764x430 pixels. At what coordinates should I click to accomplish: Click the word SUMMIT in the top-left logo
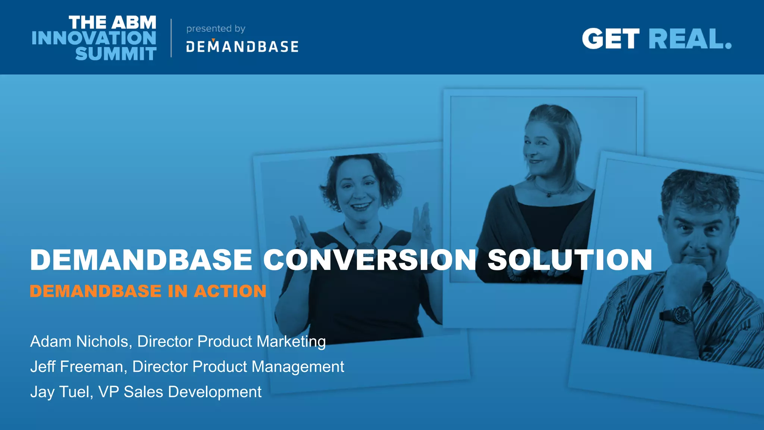(x=116, y=54)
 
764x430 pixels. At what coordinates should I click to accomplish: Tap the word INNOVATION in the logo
(x=94, y=38)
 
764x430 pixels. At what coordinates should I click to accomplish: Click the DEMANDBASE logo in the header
(x=242, y=47)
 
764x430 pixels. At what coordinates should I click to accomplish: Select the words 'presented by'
(x=216, y=29)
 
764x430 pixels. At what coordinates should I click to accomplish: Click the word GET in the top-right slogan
(x=611, y=39)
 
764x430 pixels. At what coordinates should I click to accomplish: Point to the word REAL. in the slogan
(x=690, y=39)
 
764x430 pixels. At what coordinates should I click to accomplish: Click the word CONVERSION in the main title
(x=370, y=260)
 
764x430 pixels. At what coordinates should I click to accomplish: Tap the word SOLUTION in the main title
(x=570, y=260)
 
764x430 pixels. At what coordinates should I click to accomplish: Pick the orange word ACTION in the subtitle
(x=230, y=291)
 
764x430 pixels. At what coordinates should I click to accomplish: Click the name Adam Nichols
(x=79, y=342)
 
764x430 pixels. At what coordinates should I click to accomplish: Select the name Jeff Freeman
(x=76, y=367)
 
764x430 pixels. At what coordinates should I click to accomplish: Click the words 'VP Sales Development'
(x=180, y=392)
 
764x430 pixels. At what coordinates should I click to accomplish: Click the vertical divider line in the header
(x=171, y=38)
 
